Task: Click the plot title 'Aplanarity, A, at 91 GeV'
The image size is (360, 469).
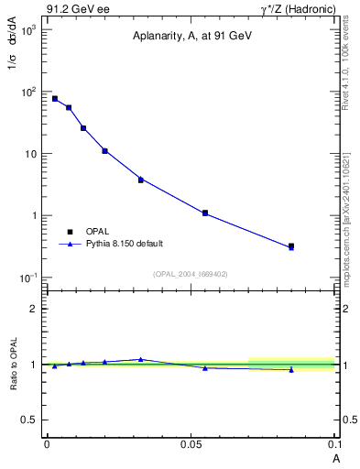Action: (190, 36)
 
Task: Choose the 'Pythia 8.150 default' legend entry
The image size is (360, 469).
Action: (125, 244)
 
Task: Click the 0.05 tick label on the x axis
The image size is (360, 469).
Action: (191, 444)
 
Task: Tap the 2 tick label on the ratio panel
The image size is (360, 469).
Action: (36, 309)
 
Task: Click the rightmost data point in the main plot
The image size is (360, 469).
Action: (291, 246)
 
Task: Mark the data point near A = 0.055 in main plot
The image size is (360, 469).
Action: (205, 213)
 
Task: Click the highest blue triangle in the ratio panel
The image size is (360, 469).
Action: (140, 359)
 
